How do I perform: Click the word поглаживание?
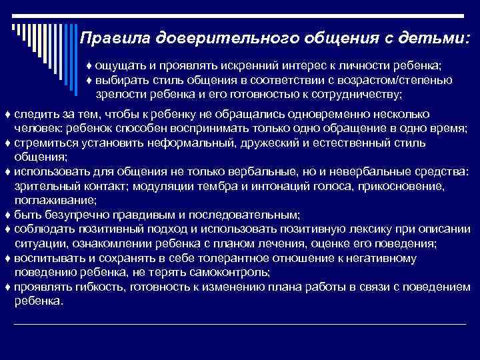[55, 199]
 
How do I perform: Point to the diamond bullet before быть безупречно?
[7, 214]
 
